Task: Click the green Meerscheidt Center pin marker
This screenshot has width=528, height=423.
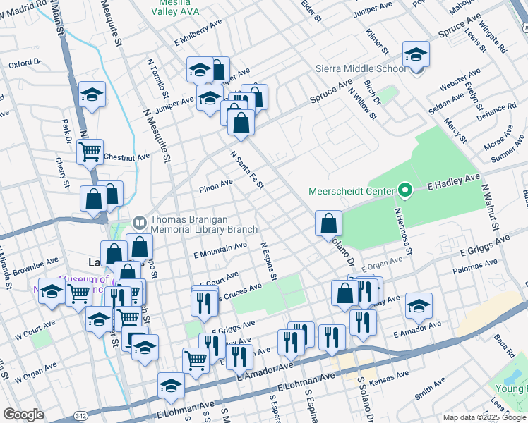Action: point(404,190)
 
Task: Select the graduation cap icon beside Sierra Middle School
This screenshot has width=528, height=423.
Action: point(416,54)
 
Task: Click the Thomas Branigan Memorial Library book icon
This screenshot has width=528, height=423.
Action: point(140,224)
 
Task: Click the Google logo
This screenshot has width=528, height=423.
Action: point(24,415)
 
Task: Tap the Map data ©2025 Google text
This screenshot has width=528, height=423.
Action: point(484,417)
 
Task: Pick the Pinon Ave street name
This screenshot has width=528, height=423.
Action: point(216,183)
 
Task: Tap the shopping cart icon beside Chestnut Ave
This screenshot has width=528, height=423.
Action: point(90,151)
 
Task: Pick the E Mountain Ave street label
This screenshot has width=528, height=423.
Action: point(220,249)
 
